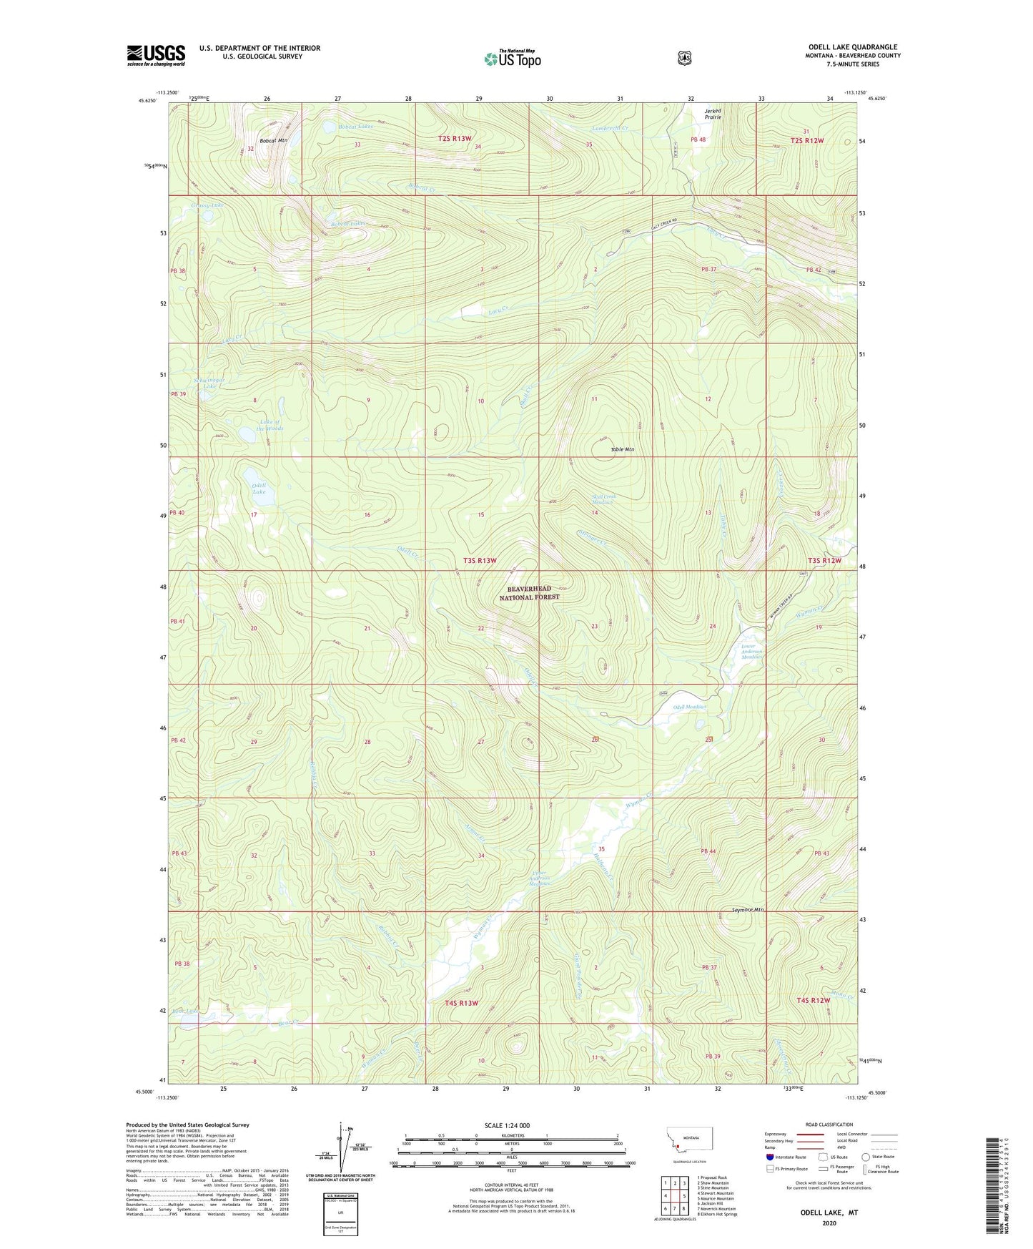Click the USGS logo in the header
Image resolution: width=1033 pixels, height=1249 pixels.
pos(156,56)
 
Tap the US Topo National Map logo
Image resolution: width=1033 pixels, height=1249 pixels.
pos(511,59)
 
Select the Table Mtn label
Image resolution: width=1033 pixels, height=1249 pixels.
pos(622,449)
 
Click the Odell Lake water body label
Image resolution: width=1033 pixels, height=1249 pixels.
pos(259,489)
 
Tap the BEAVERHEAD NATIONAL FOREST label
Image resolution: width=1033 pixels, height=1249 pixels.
pos(529,592)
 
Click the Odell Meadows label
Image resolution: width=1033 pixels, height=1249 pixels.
pos(690,707)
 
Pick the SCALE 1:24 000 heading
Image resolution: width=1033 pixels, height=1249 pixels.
pos(507,1125)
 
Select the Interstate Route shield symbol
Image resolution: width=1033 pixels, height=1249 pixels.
pos(769,1157)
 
